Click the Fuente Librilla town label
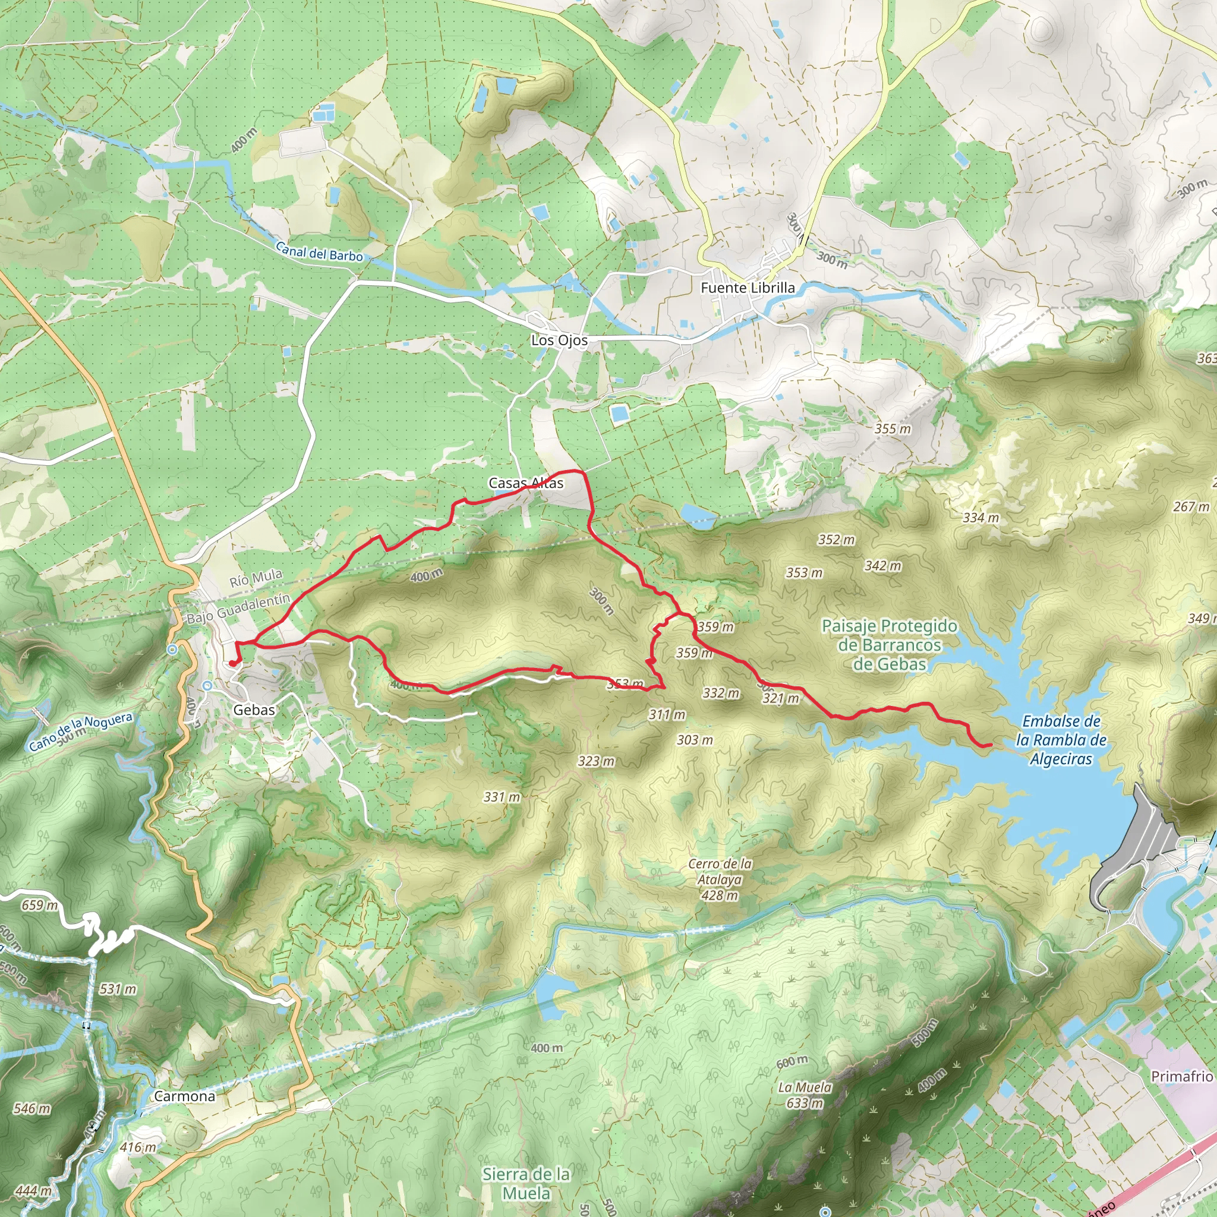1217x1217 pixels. [747, 288]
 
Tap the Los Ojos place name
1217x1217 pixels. [559, 340]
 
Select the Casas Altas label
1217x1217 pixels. [526, 483]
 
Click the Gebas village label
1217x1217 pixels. [254, 710]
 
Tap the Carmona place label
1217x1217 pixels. [185, 1096]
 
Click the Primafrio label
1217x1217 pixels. [1182, 1077]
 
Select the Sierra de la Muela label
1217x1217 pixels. [526, 1183]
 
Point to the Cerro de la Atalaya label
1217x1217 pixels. [720, 872]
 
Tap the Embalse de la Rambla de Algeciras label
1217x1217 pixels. [1061, 740]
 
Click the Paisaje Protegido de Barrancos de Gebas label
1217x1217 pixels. [889, 645]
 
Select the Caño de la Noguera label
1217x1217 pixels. [81, 732]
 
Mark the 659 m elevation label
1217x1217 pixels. [39, 905]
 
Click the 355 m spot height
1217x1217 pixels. [893, 429]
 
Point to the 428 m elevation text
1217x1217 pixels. [719, 896]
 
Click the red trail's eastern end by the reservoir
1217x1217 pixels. [990, 745]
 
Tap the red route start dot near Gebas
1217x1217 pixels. [232, 663]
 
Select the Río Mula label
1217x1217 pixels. [256, 578]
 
